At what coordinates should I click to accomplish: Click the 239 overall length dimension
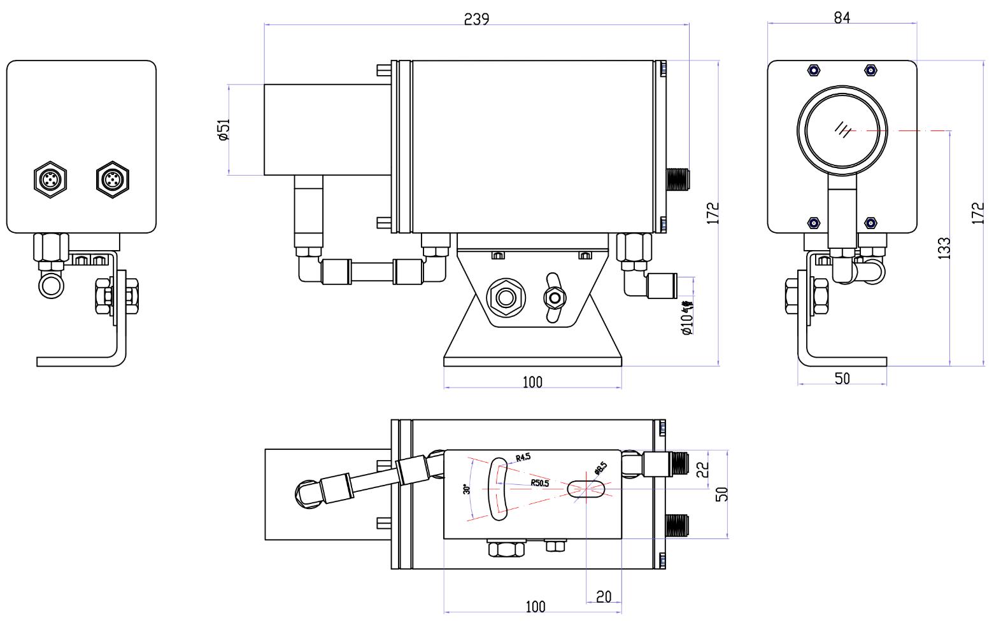click(476, 19)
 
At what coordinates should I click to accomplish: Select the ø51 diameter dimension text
click(224, 129)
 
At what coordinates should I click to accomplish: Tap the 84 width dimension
click(842, 18)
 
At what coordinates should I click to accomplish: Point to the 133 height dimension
click(944, 248)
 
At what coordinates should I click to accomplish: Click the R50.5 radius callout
click(540, 483)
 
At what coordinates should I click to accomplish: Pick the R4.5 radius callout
click(523, 457)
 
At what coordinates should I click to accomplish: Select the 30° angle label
click(467, 489)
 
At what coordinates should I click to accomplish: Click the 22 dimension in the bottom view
click(702, 469)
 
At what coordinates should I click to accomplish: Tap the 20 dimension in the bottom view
click(604, 596)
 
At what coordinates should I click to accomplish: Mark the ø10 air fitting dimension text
click(687, 318)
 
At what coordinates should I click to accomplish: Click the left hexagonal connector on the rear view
click(50, 179)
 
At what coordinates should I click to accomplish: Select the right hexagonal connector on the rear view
click(112, 179)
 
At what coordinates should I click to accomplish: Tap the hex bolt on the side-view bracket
click(506, 297)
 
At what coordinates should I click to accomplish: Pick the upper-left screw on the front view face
click(813, 69)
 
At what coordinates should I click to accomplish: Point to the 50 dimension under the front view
click(842, 378)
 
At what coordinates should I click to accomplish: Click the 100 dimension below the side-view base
click(532, 382)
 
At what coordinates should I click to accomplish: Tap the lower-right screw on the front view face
click(870, 222)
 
